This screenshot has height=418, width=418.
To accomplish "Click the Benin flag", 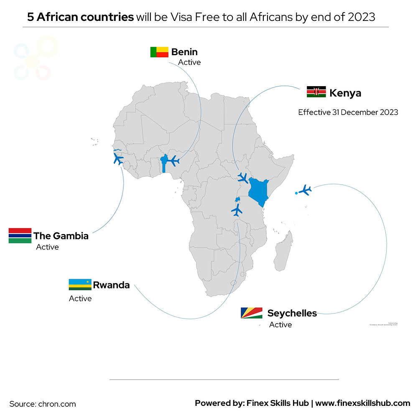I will (x=159, y=52).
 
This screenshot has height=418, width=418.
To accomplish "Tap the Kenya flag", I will (x=316, y=92).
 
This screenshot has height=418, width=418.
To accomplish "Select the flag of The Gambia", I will (x=20, y=236).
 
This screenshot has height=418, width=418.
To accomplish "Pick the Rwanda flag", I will (x=80, y=285).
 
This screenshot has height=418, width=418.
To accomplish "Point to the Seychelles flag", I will (x=252, y=313).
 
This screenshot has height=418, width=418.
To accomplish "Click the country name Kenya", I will (x=345, y=93).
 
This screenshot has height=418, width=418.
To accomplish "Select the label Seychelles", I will (x=292, y=313).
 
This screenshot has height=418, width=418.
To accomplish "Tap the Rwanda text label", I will (x=111, y=285).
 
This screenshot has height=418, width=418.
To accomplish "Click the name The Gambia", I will (x=61, y=236).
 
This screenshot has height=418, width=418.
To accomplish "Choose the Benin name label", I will (x=184, y=52).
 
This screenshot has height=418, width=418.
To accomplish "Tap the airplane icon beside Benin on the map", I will (x=173, y=161).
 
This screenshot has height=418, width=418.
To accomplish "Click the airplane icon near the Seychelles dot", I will (x=306, y=190).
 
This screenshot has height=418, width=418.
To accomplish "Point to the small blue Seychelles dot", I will (x=296, y=193).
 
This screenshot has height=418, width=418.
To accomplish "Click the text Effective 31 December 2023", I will (x=348, y=112).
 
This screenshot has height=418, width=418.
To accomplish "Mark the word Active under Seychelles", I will (x=280, y=325).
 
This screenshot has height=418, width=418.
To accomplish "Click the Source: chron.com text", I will (x=43, y=404).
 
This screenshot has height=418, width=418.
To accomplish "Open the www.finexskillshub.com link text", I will (x=362, y=403).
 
